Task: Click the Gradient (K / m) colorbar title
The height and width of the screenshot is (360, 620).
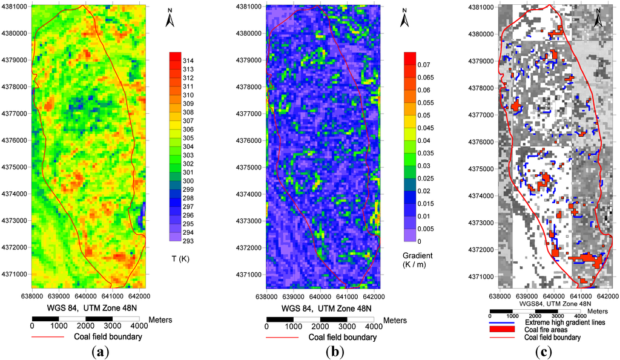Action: (418, 260)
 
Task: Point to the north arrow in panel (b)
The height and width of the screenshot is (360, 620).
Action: (404, 20)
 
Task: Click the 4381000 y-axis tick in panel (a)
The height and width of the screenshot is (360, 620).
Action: (15, 7)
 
